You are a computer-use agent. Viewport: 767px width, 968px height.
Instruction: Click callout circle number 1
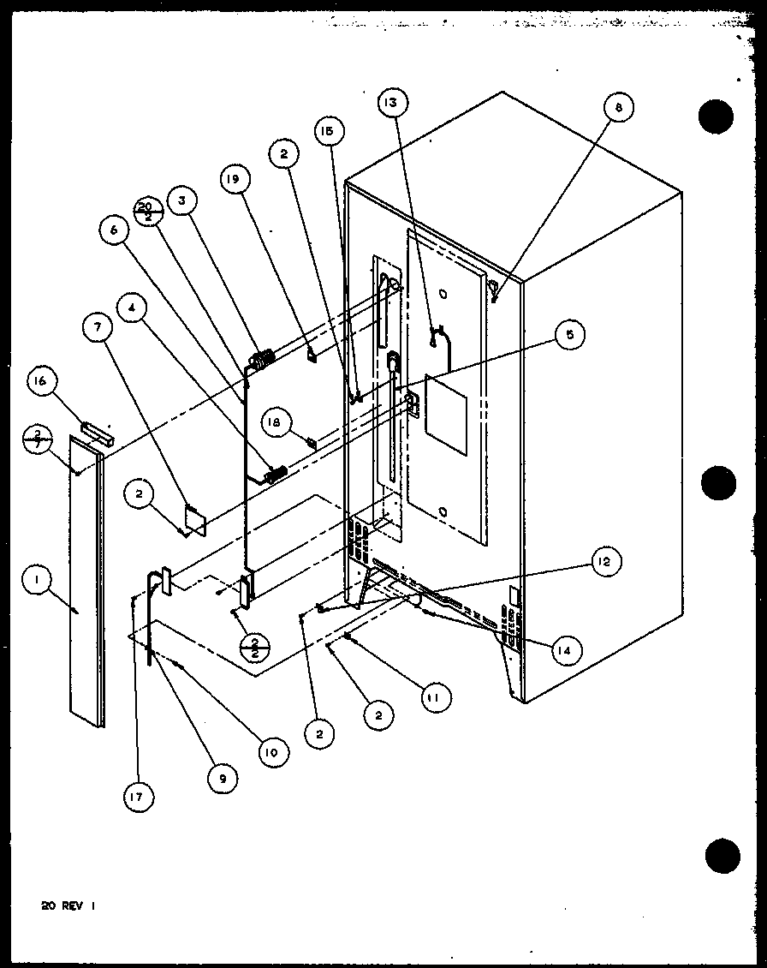click(35, 583)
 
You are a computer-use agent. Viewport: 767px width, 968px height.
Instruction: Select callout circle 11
click(433, 697)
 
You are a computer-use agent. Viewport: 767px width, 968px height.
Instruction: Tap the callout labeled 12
click(604, 562)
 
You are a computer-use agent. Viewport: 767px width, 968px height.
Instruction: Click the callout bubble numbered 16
click(42, 383)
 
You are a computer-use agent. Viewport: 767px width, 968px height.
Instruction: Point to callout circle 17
click(138, 797)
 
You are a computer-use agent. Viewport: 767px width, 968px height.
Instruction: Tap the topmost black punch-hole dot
click(716, 116)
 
